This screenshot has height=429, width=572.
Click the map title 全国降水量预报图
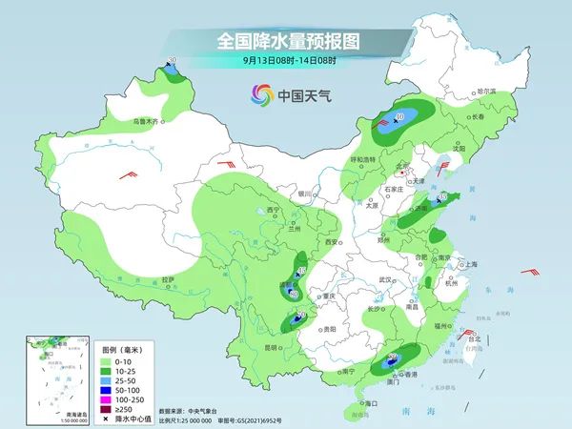[x=285, y=41]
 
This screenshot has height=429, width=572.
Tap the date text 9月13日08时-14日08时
[x=285, y=60]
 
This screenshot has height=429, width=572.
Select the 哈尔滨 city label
[x=487, y=91]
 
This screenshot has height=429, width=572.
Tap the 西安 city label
[x=332, y=243]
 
